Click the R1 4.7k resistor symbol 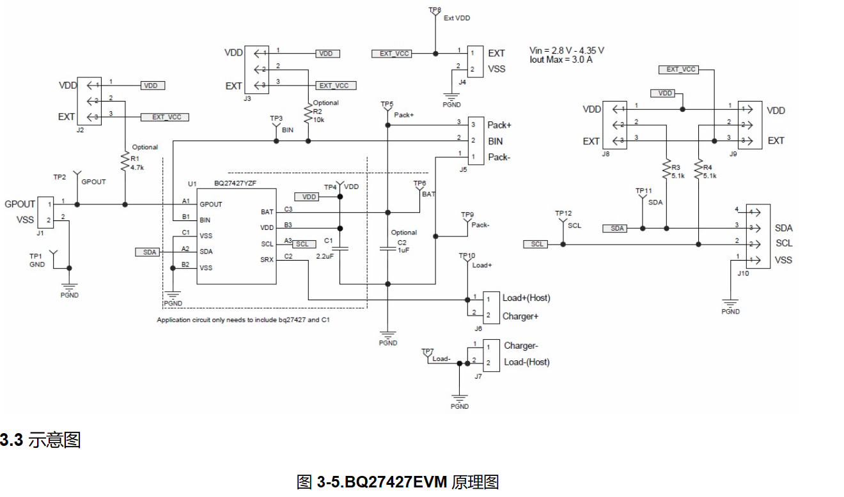125,162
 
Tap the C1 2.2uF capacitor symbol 341,249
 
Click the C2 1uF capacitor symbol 387,249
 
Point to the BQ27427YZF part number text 236,183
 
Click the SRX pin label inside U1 267,259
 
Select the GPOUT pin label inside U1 211,204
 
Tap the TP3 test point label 276,119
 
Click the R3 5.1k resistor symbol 666,169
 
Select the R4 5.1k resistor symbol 698,169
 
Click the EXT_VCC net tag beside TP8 392,54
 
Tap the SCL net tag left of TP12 536,244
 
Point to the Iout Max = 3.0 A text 560,59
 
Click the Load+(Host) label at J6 526,298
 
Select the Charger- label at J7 520,346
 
